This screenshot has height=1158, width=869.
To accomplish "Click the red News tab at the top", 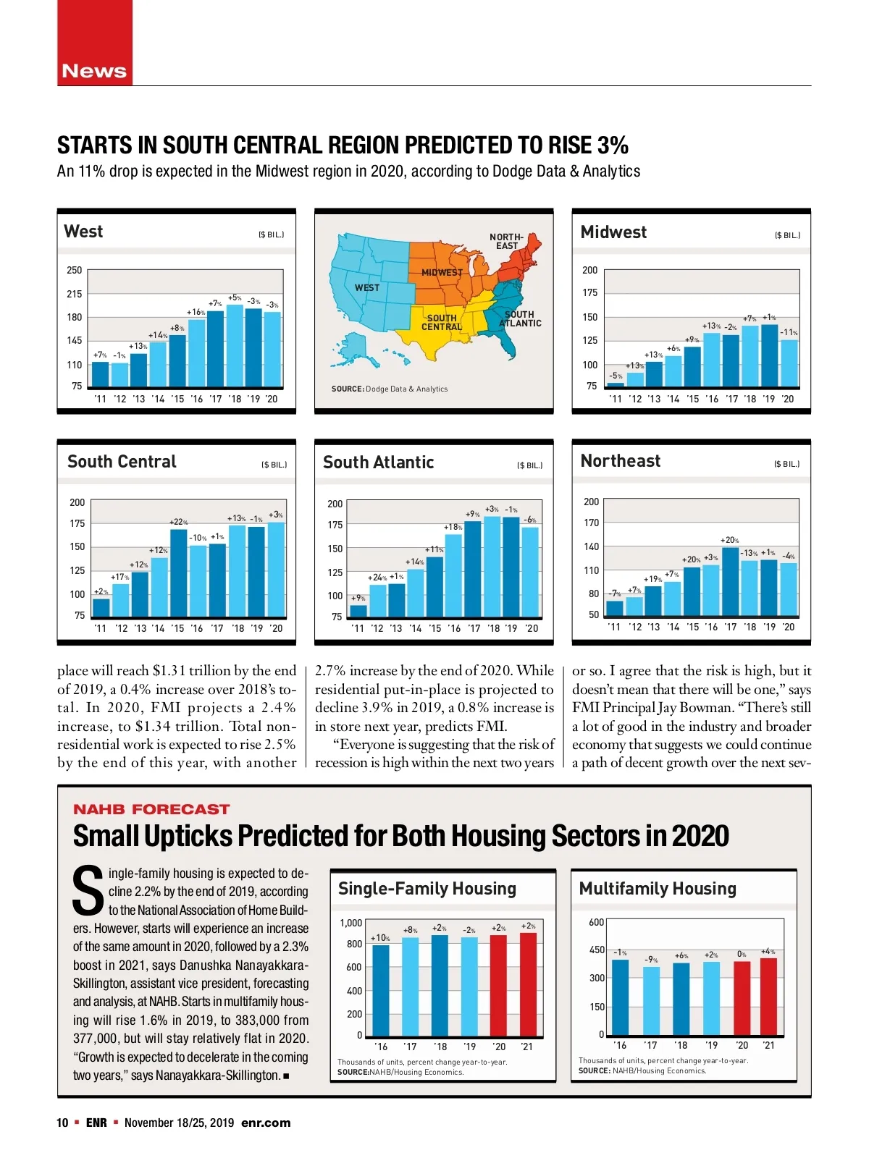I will tap(94, 71).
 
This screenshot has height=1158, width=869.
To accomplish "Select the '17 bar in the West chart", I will tap(215, 349).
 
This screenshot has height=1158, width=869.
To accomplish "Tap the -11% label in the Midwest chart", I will tap(789, 332).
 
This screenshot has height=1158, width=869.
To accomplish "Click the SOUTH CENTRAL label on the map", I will tap(442, 323).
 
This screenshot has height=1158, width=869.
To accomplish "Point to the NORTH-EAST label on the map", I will tap(506, 242).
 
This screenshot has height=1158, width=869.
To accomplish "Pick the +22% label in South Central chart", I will tap(178, 522).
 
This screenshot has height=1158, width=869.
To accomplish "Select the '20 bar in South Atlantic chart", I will tap(530, 572).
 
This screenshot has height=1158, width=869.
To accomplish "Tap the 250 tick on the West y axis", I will tap(75, 270).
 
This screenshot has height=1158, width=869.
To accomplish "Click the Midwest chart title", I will tap(613, 232).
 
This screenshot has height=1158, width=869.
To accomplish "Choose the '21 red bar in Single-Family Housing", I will tap(529, 984).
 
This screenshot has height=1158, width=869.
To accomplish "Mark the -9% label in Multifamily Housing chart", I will tap(651, 960).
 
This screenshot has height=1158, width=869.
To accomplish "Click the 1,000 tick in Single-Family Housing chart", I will tap(350, 923).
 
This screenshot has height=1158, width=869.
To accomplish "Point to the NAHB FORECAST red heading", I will tap(151, 809).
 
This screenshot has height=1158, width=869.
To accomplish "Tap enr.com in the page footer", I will tap(266, 1123).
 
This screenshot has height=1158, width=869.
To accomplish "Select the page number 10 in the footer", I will tap(62, 1123).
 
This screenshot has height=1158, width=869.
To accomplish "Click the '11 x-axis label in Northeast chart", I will tap(614, 627).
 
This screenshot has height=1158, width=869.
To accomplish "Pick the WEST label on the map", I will tap(367, 287).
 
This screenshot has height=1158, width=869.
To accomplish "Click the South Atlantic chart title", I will tap(378, 462).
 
